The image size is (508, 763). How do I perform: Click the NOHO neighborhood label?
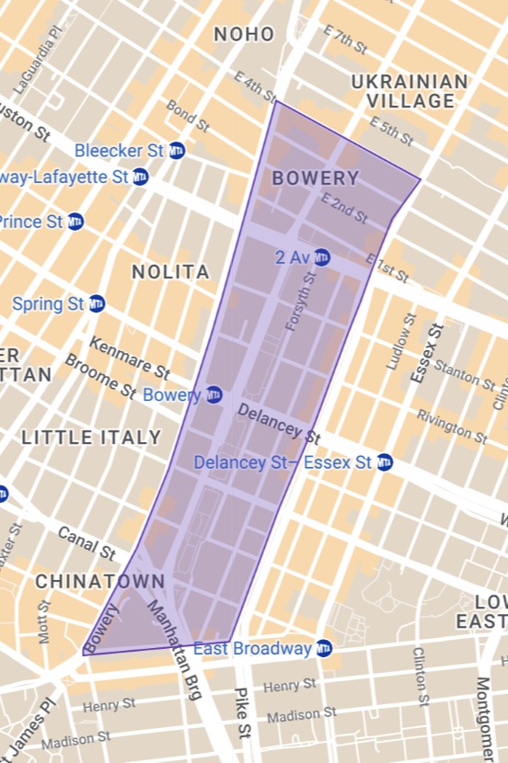click(244, 35)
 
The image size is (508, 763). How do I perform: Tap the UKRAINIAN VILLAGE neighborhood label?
click(403, 92)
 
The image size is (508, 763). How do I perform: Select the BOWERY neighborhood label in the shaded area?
click(315, 178)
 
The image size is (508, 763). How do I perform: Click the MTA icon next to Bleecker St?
click(177, 150)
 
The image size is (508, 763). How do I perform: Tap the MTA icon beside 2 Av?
click(321, 256)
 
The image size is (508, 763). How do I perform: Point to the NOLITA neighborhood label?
click(170, 272)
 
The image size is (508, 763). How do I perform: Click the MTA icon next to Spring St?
click(97, 303)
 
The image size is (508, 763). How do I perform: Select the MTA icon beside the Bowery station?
click(214, 394)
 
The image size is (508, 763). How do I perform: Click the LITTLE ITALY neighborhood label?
click(91, 437)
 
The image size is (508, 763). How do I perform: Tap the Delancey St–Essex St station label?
click(283, 461)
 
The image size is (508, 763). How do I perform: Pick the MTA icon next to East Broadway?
click(323, 649)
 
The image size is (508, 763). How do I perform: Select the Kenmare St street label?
click(129, 358)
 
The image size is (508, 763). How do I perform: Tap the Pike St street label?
click(242, 713)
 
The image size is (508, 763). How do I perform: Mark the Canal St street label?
click(87, 543)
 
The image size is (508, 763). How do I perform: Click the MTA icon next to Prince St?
click(75, 222)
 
